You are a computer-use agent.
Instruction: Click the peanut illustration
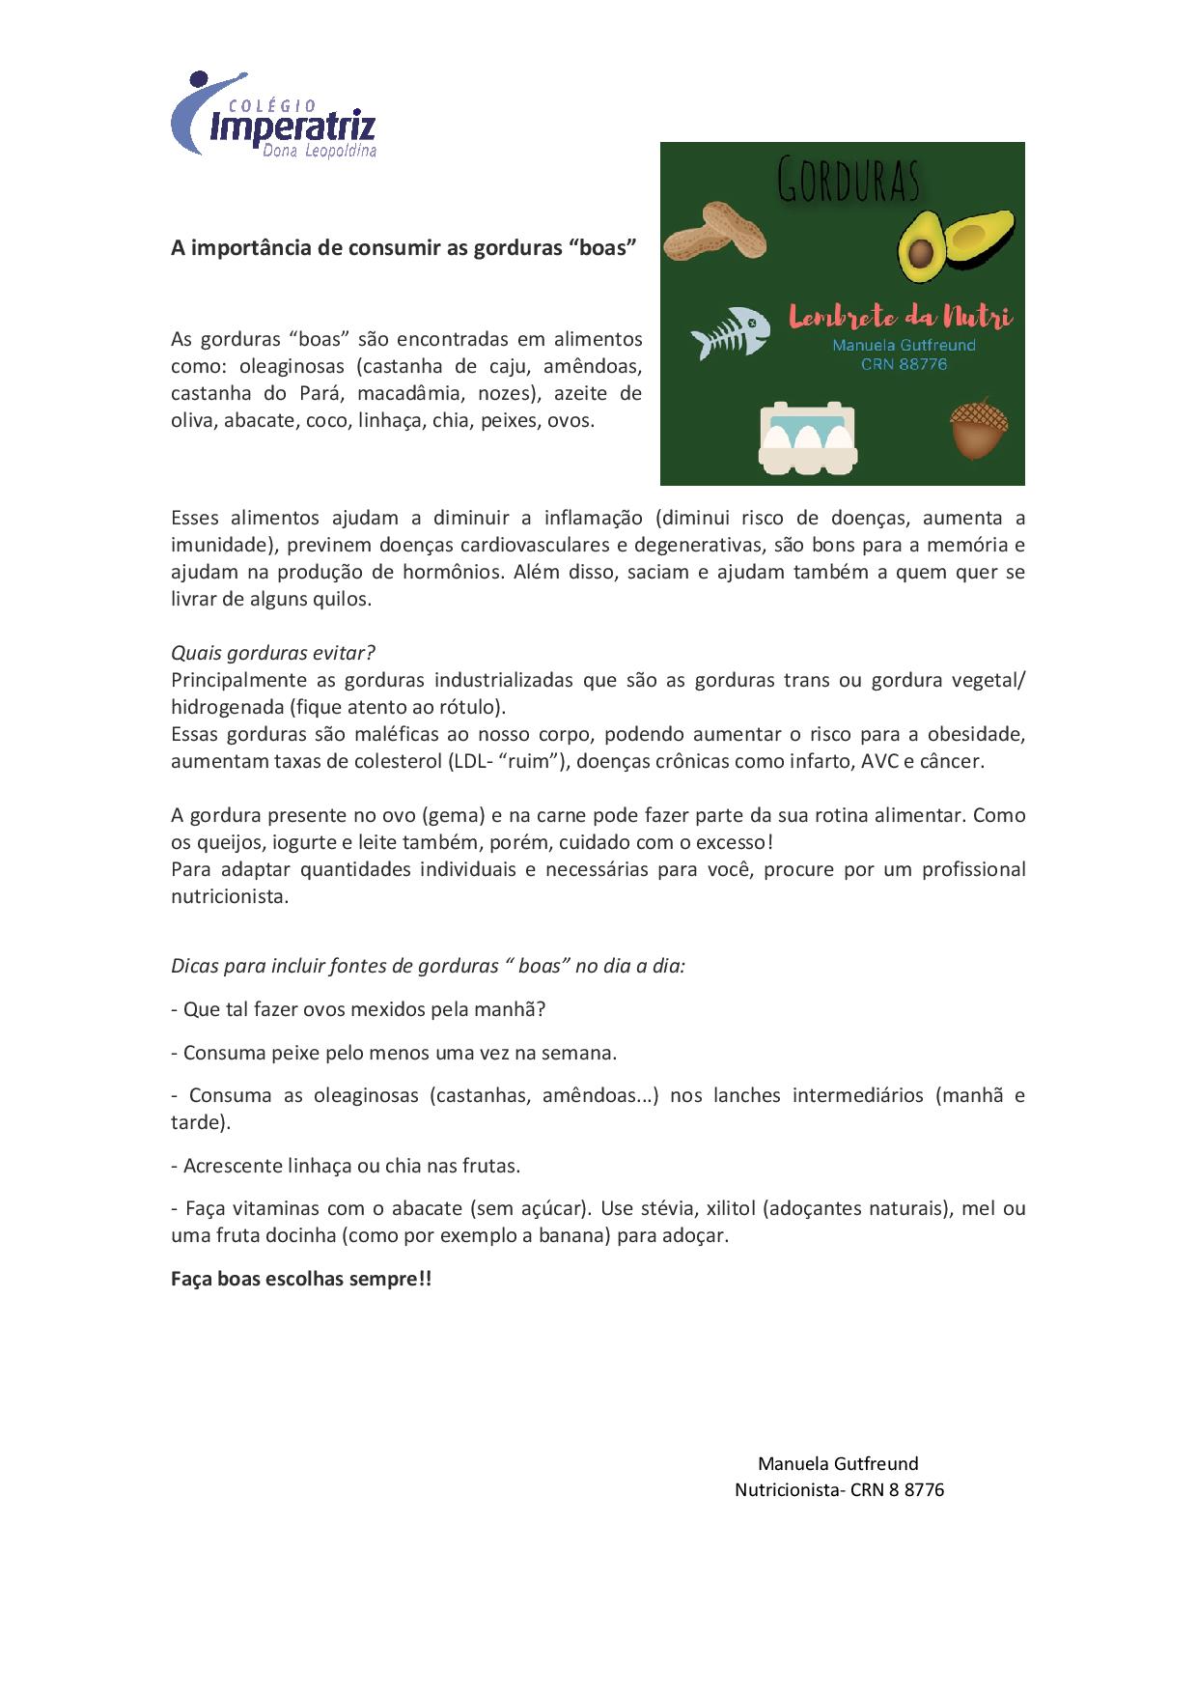coord(719,231)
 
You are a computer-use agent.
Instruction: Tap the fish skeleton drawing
coord(730,331)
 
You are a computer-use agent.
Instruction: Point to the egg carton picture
coord(808,437)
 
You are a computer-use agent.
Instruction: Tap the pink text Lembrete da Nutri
coord(900,316)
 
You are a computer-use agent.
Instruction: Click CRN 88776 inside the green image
coord(904,364)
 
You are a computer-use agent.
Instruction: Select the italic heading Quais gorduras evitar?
coord(272,653)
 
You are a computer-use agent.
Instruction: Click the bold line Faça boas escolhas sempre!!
coord(301,1279)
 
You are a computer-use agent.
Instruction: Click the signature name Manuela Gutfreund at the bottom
coord(838,1463)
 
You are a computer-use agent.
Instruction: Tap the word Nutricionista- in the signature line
coord(790,1489)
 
